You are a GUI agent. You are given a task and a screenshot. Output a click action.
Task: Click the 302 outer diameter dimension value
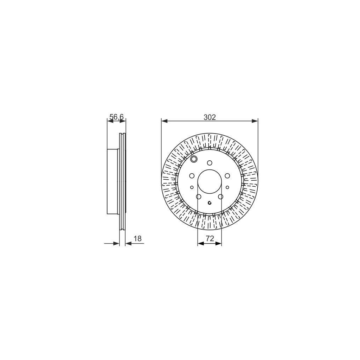(210, 117)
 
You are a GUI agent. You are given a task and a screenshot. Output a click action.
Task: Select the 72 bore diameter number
(210, 238)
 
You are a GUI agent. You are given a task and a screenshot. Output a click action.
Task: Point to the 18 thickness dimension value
(137, 239)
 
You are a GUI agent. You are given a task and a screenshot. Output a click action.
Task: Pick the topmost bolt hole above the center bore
(210, 163)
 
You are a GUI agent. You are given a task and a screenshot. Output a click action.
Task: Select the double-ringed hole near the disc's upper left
(193, 160)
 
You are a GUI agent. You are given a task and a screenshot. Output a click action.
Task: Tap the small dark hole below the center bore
(210, 202)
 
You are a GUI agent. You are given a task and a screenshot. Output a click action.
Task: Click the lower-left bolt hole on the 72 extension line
(198, 197)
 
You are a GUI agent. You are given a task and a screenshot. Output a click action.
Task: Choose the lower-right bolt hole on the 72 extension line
(221, 197)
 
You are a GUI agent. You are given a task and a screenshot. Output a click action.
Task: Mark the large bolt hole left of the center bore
(192, 176)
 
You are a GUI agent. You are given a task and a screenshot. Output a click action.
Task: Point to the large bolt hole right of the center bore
(227, 175)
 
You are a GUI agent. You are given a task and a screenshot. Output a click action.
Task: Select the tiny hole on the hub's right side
(228, 187)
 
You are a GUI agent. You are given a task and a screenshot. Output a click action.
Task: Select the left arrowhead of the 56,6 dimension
(109, 121)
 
